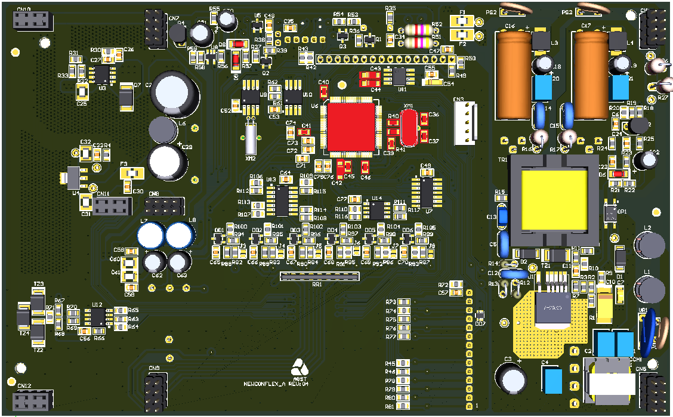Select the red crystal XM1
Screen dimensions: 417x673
coord(409,126)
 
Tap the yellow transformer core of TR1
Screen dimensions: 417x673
coord(553,200)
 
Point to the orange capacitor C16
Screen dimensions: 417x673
coord(514,75)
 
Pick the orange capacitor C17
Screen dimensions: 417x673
coord(589,75)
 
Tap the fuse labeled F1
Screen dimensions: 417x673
coord(462,21)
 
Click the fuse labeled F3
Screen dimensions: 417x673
coord(132,174)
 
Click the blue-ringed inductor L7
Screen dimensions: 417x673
coord(150,235)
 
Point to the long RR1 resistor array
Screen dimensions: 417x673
coord(320,276)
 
